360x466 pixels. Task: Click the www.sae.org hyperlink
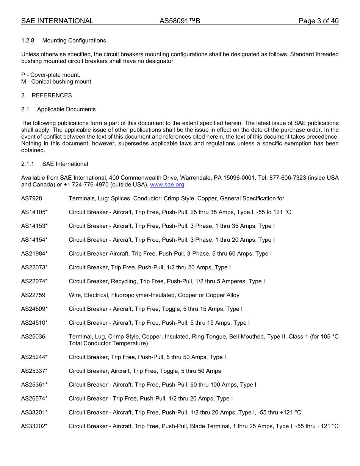[x=167, y=185]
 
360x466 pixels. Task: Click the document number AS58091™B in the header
[x=180, y=21]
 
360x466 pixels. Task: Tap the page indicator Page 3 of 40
[x=318, y=21]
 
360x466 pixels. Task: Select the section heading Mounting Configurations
[x=74, y=41]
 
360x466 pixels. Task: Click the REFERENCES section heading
[x=52, y=95]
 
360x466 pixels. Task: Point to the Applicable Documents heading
[x=66, y=109]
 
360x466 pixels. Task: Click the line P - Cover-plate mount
[x=51, y=75]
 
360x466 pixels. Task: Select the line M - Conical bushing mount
[x=57, y=82]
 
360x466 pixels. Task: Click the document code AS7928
[x=31, y=199]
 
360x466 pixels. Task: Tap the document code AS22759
[x=33, y=295]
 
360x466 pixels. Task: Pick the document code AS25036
[x=33, y=336]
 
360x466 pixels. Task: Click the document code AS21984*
[x=34, y=254]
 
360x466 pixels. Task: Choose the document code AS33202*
[x=34, y=426]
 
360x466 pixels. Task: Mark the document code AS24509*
[x=34, y=309]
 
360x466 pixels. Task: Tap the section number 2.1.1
[x=28, y=164]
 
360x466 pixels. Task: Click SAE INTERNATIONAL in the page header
[x=57, y=21]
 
